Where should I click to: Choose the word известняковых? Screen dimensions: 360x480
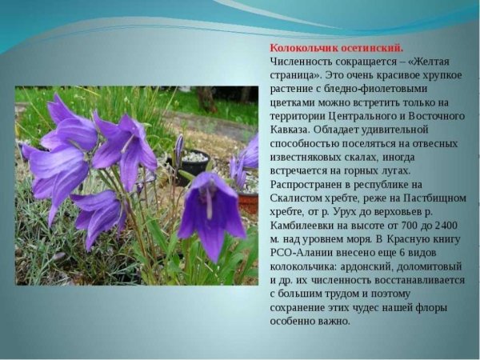tap(307, 157)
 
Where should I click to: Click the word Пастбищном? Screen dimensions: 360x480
tap(432, 198)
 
